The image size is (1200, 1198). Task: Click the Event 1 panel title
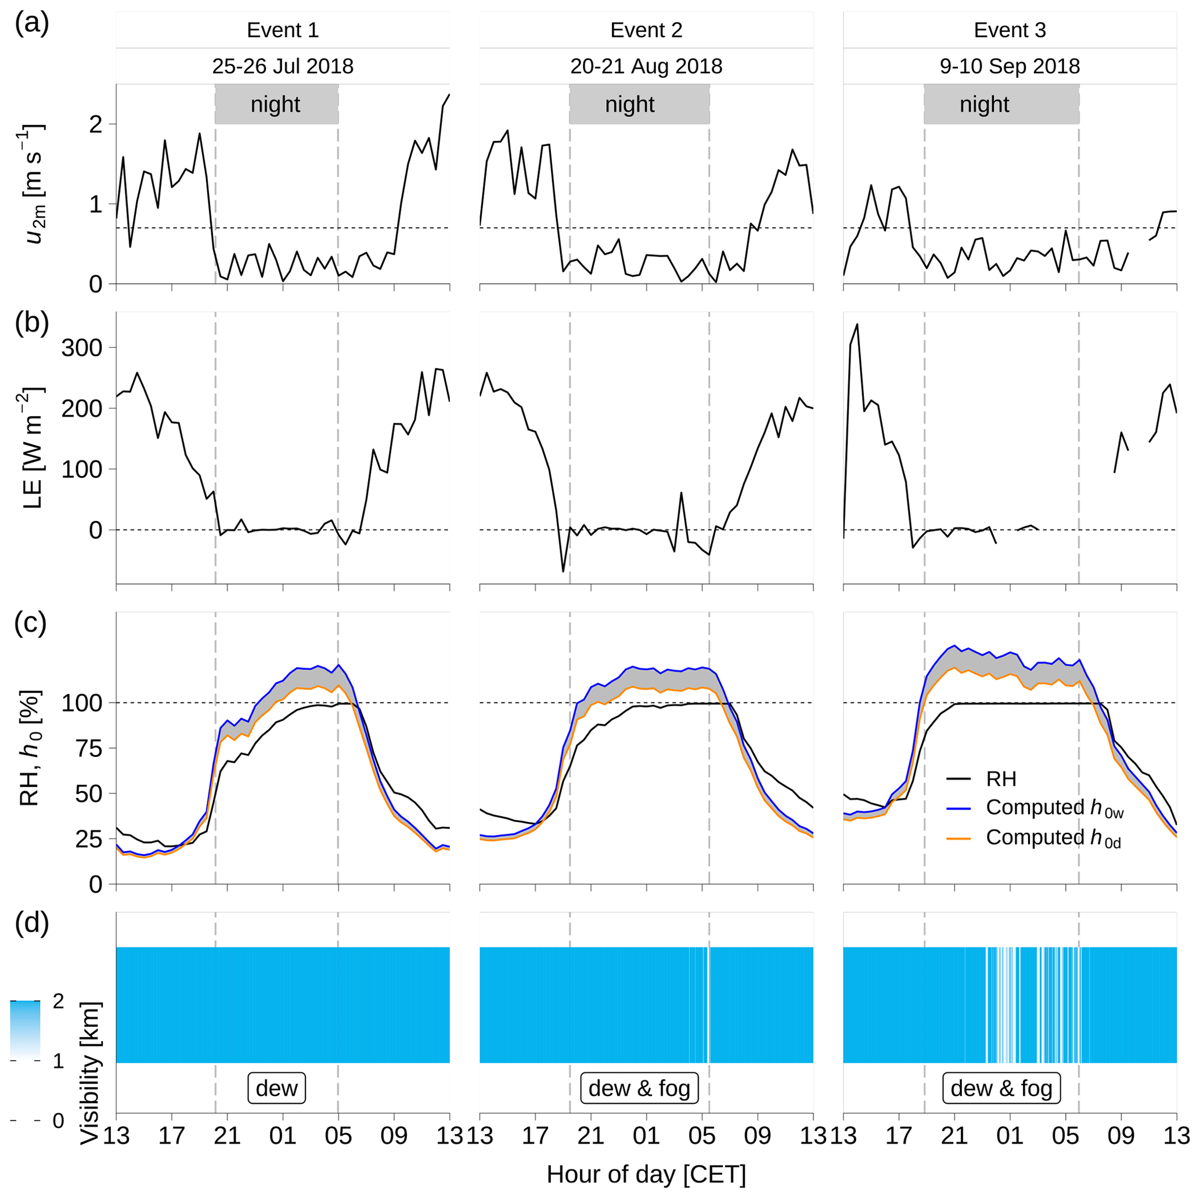(283, 30)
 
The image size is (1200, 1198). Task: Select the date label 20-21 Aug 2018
(646, 66)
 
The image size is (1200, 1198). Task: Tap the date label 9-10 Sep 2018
(1010, 66)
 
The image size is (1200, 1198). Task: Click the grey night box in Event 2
(639, 104)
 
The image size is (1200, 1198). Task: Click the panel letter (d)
(31, 923)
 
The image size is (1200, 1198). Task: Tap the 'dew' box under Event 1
(276, 1088)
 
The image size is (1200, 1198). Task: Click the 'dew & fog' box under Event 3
(1001, 1088)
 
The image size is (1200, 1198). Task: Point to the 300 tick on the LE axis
(81, 348)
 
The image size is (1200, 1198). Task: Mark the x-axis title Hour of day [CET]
(646, 1174)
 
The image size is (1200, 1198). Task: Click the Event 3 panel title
(1010, 30)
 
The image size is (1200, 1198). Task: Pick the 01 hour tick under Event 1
(283, 1136)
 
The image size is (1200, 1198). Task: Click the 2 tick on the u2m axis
(95, 124)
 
